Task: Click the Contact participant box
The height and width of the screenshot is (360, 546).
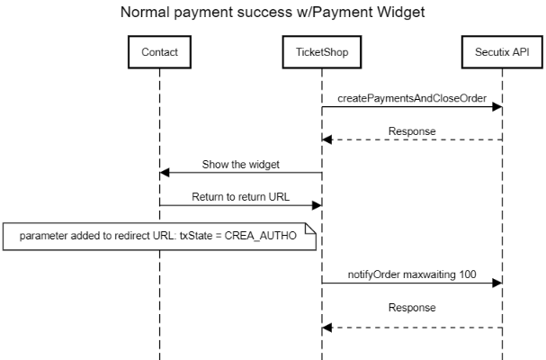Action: [159, 52]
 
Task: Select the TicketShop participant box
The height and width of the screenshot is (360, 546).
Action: [322, 52]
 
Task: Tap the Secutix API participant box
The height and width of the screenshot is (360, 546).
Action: [501, 52]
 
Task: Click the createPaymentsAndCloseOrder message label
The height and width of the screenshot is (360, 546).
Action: [411, 96]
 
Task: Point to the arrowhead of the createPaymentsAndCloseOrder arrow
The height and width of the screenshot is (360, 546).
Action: [496, 106]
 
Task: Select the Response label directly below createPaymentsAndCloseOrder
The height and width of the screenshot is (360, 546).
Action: [411, 130]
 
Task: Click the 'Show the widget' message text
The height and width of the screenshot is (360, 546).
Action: [240, 164]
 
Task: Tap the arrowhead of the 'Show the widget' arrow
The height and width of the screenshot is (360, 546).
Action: [165, 173]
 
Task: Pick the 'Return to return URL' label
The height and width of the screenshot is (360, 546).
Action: [240, 196]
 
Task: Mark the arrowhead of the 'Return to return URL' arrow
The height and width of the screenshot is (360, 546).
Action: [317, 206]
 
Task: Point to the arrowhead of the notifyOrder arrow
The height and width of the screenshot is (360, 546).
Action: [496, 282]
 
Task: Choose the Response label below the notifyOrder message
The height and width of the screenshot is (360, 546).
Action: [411, 307]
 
